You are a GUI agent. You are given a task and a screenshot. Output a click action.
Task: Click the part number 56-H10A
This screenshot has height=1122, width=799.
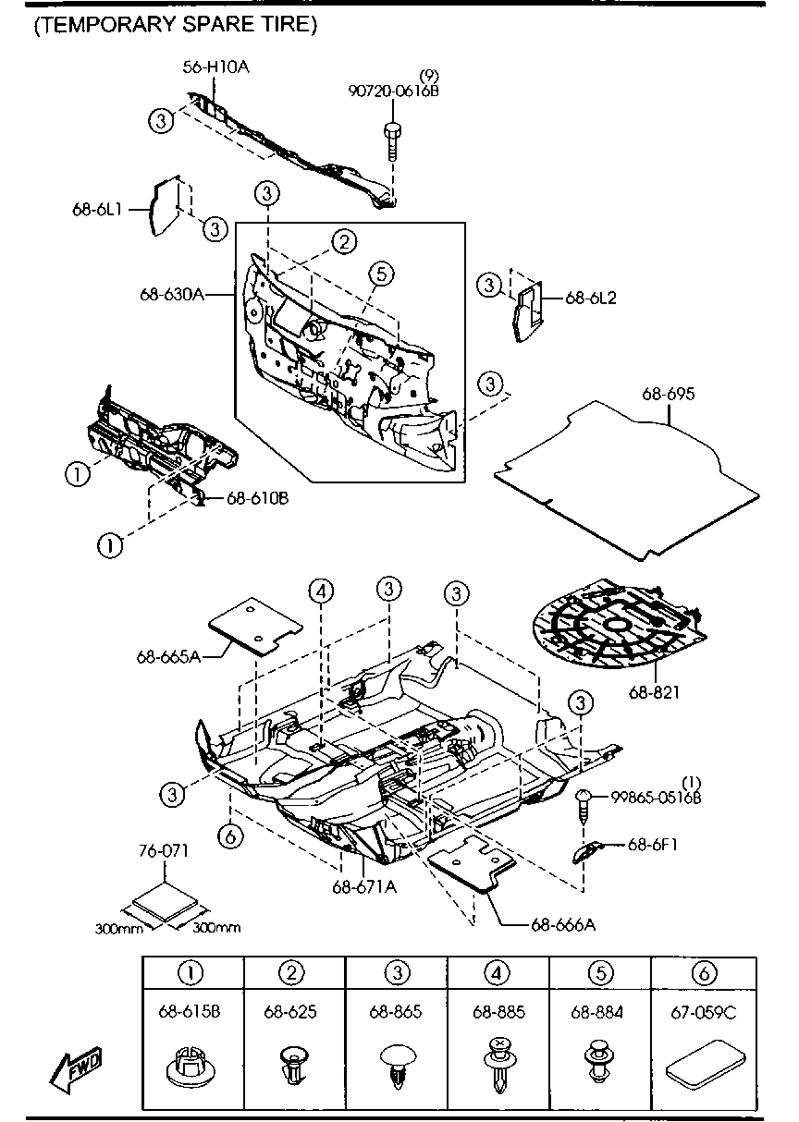pos(215,67)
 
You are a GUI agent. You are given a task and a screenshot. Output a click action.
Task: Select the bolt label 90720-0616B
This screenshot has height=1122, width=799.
pos(393,91)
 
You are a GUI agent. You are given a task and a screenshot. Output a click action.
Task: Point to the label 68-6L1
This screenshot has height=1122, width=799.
pos(97,209)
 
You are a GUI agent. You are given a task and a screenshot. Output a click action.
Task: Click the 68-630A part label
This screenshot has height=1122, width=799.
pos(172,294)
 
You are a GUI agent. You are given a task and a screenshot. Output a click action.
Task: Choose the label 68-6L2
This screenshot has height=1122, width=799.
pos(591,298)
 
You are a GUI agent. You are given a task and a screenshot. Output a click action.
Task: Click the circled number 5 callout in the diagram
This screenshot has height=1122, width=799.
pos(381,274)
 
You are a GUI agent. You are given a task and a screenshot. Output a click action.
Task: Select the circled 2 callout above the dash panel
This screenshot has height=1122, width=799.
pos(344,242)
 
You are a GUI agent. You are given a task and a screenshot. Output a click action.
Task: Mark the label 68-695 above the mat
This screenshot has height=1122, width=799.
pos(669,395)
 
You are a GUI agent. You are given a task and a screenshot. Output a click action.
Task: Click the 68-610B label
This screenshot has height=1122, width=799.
pos(258,498)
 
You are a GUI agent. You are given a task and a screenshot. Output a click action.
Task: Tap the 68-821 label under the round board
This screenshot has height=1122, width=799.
pos(655,693)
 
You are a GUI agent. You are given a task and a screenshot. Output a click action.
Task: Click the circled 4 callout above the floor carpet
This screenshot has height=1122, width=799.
pos(321,591)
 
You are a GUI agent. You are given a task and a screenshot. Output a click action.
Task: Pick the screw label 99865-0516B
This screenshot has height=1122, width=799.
pos(656,798)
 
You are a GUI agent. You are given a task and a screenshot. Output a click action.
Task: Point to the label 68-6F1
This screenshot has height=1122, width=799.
pos(653,845)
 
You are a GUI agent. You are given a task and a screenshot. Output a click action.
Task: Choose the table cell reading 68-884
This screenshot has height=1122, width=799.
pos(597,1013)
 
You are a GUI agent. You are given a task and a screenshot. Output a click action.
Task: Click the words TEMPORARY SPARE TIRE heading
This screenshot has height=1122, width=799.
pos(176,24)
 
